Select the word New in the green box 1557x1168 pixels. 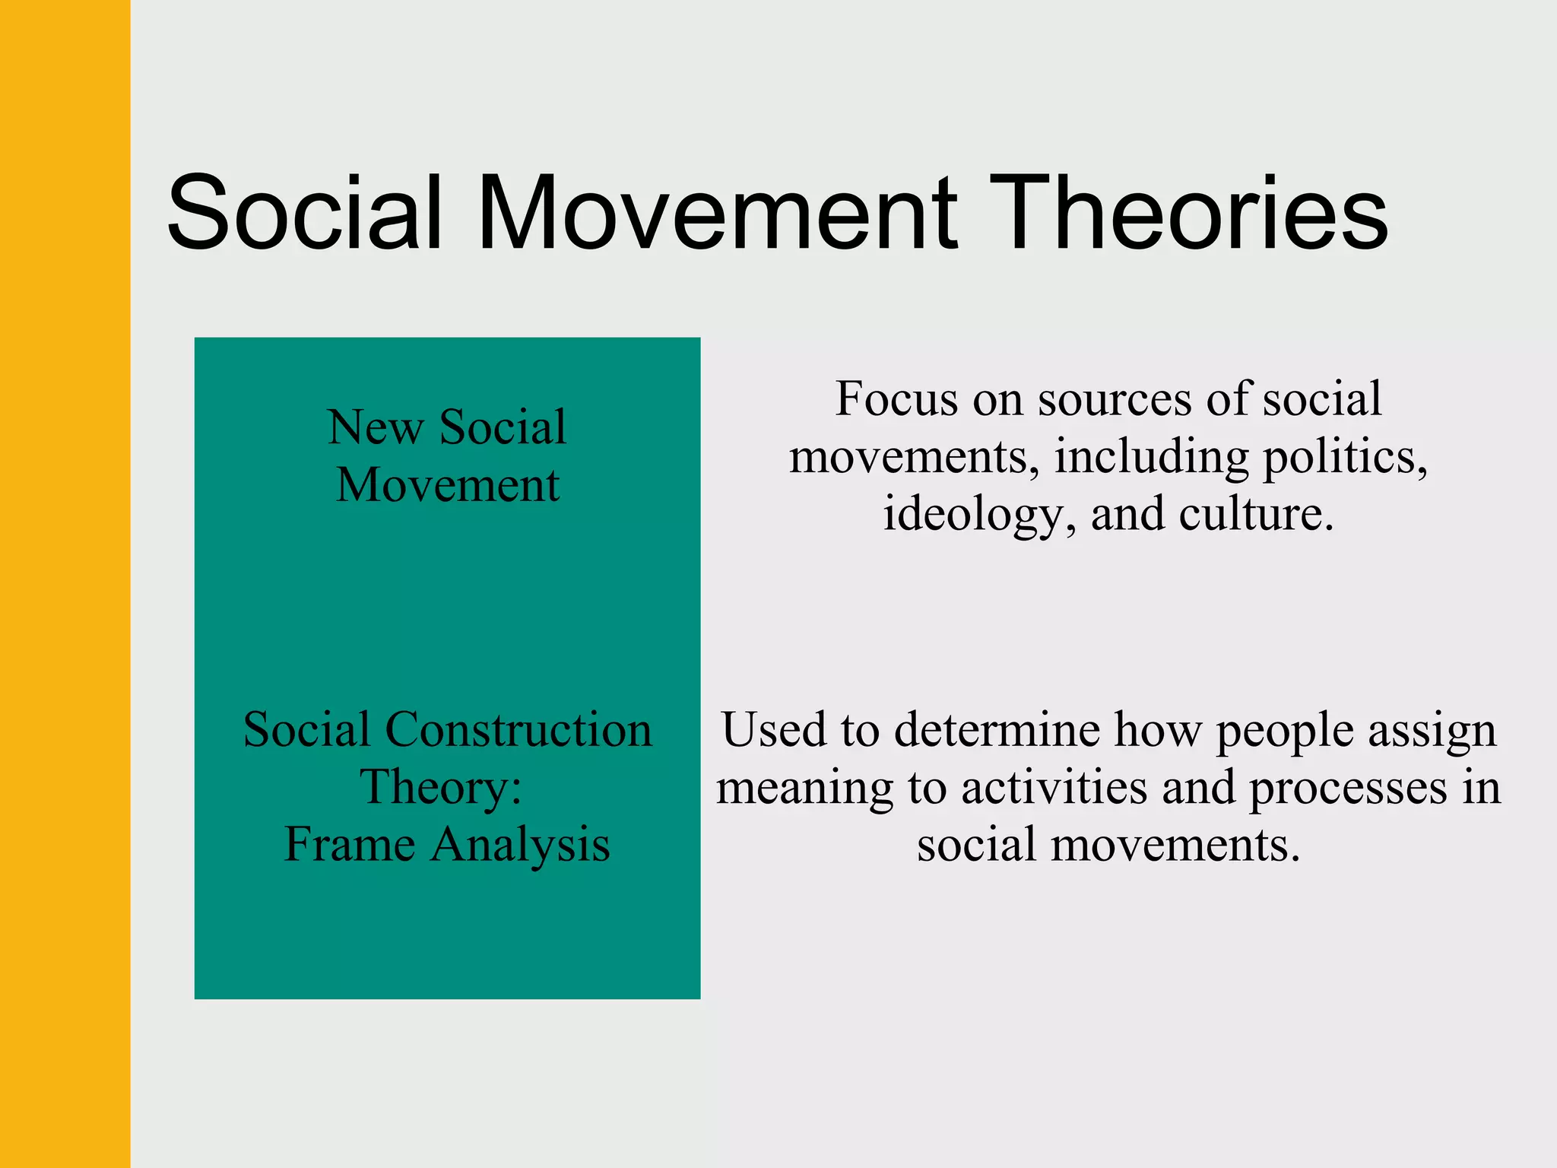click(x=375, y=427)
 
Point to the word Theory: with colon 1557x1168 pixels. click(x=441, y=787)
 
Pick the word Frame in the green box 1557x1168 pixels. click(x=349, y=845)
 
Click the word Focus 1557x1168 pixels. click(x=896, y=398)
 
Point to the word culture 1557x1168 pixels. click(x=1256, y=515)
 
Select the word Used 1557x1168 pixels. click(x=774, y=730)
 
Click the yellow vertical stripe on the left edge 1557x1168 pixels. click(x=65, y=584)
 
